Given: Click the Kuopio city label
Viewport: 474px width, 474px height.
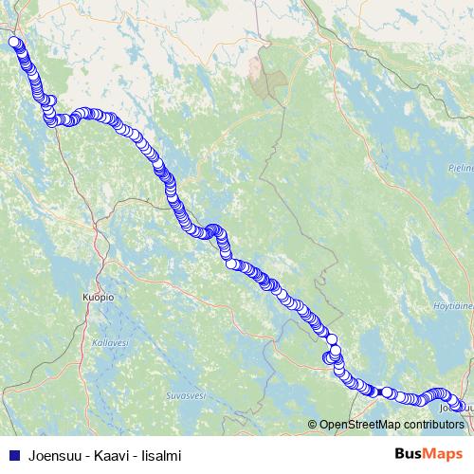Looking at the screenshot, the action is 98,297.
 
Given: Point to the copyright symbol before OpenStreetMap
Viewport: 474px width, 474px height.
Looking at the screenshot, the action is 313,425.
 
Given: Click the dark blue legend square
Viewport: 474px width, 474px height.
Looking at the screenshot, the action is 13,455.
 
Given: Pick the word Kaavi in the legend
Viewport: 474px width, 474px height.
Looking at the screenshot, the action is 115,455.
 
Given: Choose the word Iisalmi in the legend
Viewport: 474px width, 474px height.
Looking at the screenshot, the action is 162,455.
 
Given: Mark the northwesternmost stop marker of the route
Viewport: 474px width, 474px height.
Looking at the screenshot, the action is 14,42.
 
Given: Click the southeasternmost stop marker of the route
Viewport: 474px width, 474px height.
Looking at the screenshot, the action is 462,406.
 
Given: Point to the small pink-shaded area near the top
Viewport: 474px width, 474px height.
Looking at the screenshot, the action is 253,67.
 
